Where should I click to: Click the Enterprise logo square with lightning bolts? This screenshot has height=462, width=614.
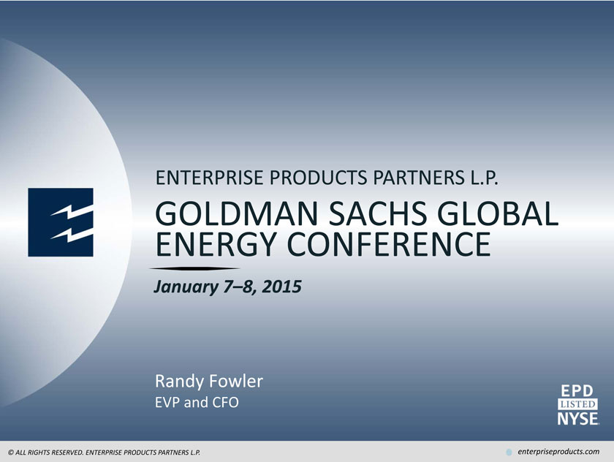[x=61, y=222]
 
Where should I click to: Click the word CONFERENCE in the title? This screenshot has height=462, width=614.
[x=389, y=244]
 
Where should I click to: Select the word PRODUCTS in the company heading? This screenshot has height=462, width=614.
[x=319, y=178]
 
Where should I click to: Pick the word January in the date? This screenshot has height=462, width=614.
[x=186, y=287]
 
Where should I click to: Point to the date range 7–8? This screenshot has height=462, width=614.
[x=240, y=287]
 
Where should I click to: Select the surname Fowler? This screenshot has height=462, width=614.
[x=235, y=381]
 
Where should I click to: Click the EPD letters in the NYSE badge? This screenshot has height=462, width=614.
[x=577, y=391]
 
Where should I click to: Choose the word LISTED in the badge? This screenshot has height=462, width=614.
[x=578, y=404]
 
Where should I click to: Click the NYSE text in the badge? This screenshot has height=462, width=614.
[x=578, y=418]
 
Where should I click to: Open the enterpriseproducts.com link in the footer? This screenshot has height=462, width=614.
[x=558, y=452]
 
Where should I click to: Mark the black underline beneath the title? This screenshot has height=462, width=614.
[x=194, y=268]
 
